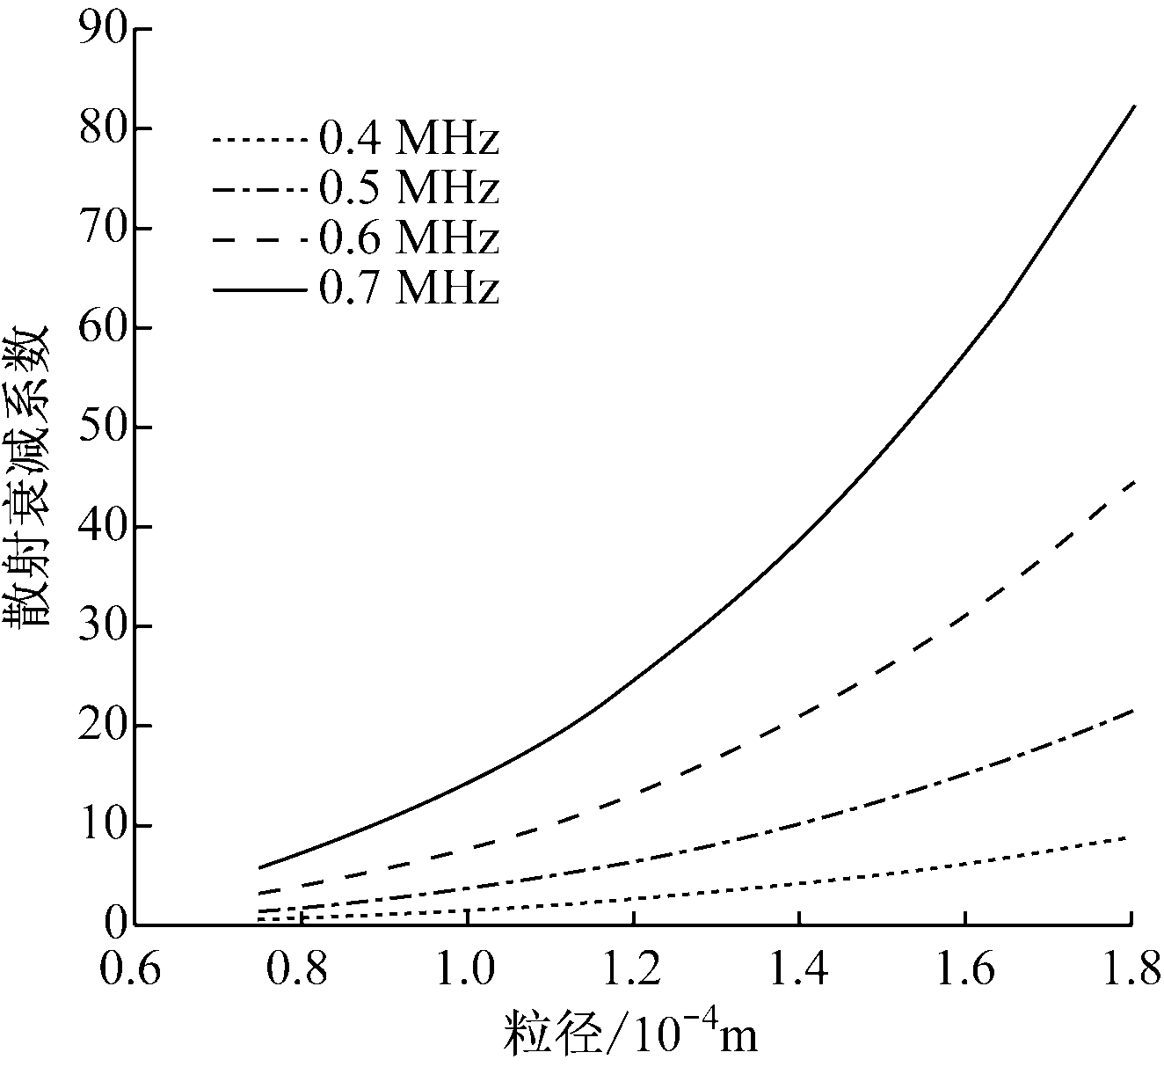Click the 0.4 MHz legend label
pos(408,139)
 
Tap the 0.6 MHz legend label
pos(408,238)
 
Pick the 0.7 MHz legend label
pos(408,289)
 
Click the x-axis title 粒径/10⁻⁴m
pos(630,1032)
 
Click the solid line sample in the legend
pos(259,289)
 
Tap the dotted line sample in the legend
pos(259,139)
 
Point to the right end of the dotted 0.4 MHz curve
pos(1130,837)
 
